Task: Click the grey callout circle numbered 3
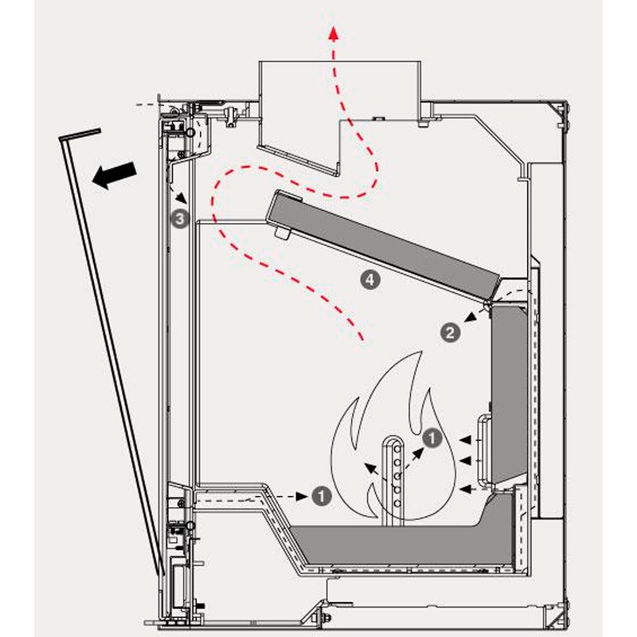[182, 217]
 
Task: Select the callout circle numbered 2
[451, 334]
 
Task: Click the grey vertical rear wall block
[510, 390]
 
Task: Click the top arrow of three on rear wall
[475, 438]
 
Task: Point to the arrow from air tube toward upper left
[373, 469]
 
